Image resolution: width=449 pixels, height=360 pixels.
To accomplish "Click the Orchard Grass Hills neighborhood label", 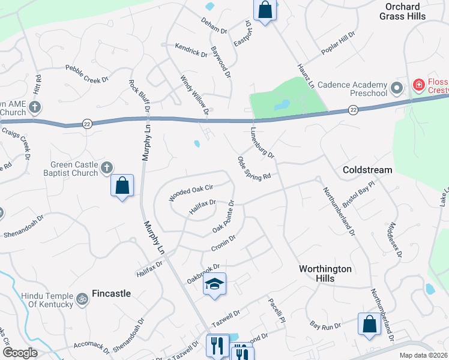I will tap(402, 11).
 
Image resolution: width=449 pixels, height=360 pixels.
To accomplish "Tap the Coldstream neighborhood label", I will tap(367, 170).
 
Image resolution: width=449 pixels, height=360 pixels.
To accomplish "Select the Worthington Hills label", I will tap(325, 274).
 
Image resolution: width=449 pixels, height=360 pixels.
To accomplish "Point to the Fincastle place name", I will tap(111, 294).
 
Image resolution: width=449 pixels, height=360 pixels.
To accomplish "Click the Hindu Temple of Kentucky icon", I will tap(82, 298).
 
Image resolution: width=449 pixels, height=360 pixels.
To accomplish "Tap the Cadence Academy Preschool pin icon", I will tap(396, 89).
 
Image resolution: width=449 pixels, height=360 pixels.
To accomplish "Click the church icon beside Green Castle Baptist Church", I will tap(106, 168).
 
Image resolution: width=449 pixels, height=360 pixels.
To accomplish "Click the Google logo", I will tap(20, 353).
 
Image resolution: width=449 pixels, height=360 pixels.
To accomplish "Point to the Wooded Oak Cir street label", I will tap(191, 192).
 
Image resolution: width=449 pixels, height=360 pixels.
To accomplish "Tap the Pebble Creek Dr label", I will tap(86, 74).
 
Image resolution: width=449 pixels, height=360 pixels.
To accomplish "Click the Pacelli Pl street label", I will tap(276, 310).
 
